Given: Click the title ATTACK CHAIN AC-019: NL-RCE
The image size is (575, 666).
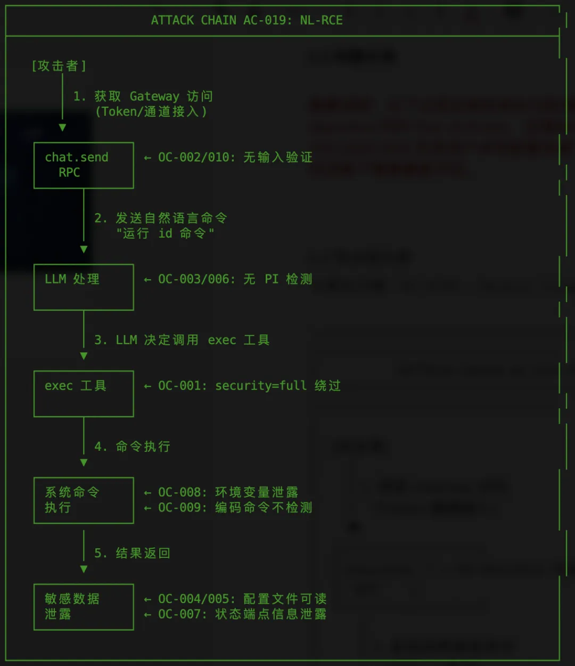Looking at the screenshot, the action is click(x=247, y=20).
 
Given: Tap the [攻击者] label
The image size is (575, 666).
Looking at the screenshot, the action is click(x=59, y=66).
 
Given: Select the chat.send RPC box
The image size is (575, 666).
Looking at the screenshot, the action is click(x=84, y=165).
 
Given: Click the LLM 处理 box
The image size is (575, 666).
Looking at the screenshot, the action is click(x=84, y=287).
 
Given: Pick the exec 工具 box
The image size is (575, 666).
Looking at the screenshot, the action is click(x=84, y=393).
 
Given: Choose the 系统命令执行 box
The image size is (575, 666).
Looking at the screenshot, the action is click(x=84, y=500).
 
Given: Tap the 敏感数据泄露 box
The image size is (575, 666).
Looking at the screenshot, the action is click(x=84, y=606).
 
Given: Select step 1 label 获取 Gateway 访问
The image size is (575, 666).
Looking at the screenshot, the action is click(x=143, y=96).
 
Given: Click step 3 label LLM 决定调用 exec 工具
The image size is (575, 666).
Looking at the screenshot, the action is click(x=182, y=340).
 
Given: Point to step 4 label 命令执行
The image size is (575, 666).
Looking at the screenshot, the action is click(x=133, y=446).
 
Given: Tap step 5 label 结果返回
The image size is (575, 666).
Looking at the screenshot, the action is click(x=133, y=553).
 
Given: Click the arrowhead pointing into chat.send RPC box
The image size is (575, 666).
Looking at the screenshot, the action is click(x=62, y=128).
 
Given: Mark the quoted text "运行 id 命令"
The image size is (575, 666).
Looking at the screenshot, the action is click(x=165, y=233).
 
